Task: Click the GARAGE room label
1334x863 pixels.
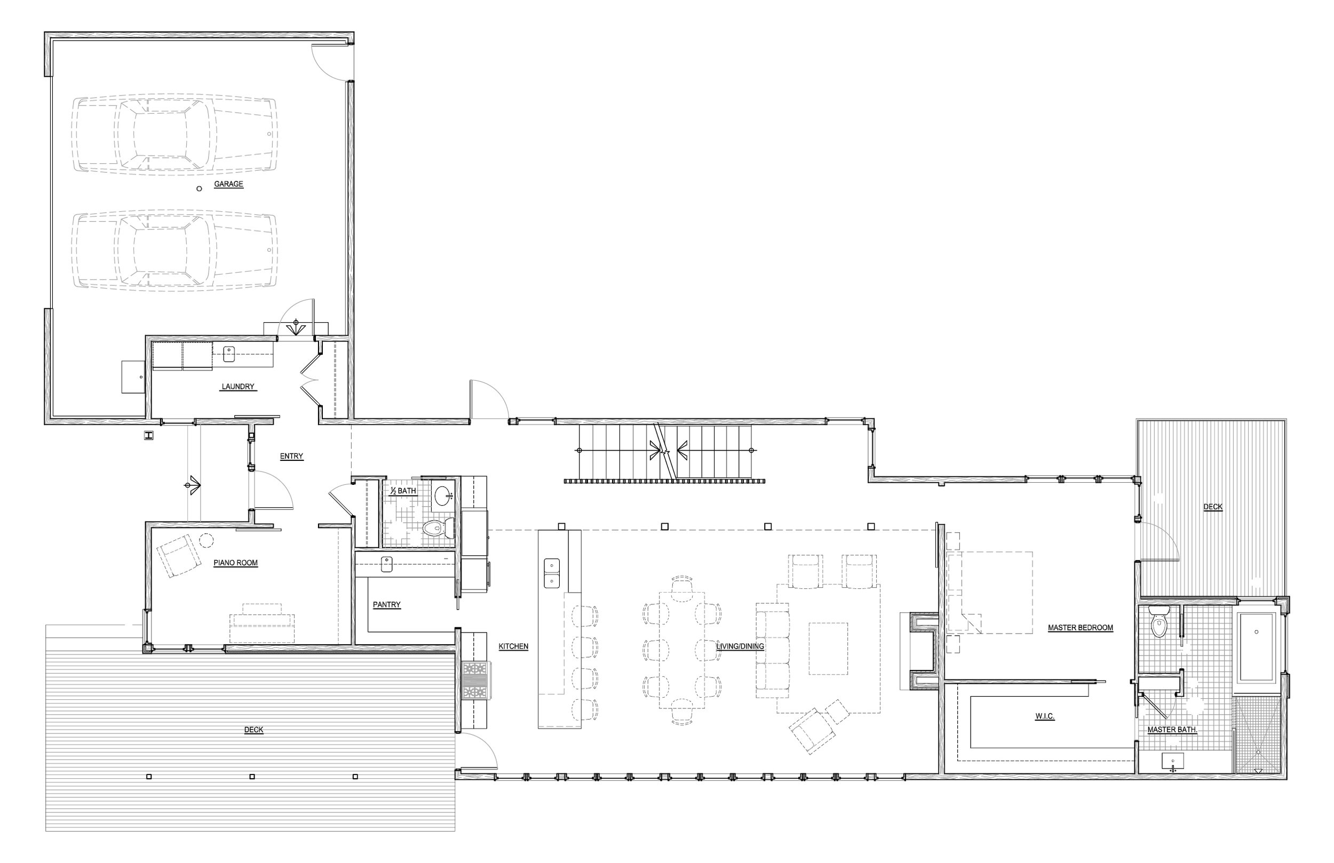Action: coord(229,185)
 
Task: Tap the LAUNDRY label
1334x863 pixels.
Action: coord(237,387)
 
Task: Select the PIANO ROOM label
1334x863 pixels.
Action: coord(235,563)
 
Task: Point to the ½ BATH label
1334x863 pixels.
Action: coord(403,491)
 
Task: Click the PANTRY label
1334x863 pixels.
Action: coord(387,605)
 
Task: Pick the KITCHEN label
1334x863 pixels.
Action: coord(513,646)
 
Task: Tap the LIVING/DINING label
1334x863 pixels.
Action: coord(740,646)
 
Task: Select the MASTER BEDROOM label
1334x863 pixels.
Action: coord(1080,628)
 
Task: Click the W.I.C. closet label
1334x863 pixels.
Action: coord(1045,717)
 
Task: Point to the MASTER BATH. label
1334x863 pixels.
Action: coord(1172,730)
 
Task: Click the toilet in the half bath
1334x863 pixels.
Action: coord(437,528)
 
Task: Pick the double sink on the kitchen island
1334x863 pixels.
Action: coord(552,573)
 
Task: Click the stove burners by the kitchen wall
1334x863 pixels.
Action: coord(475,680)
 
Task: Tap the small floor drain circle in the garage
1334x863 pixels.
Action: coord(199,189)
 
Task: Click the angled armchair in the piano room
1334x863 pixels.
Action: coord(178,555)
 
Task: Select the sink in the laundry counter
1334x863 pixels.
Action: coord(229,354)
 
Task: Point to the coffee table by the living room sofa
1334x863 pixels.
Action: coord(828,649)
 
